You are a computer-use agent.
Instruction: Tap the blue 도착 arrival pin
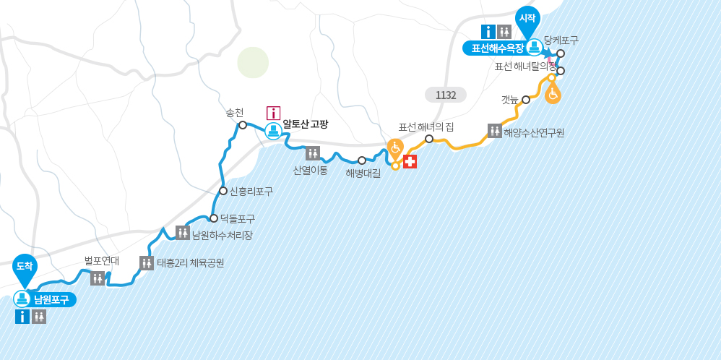25,267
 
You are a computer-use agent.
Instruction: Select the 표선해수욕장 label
496,48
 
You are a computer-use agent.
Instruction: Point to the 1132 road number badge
446,95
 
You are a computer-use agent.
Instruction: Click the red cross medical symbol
410,161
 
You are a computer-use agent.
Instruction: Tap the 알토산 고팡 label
305,124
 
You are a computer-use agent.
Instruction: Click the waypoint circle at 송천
243,125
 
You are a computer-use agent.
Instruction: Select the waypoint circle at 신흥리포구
223,191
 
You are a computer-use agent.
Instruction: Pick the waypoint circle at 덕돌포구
214,218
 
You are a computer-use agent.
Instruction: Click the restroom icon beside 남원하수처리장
183,233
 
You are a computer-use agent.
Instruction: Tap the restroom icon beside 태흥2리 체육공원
147,263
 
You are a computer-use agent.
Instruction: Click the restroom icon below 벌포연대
98,278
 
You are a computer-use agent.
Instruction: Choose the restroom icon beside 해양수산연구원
495,131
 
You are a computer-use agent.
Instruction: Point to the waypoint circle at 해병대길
362,160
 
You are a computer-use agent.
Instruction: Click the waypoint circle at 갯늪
526,100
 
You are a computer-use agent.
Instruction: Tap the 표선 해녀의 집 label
426,127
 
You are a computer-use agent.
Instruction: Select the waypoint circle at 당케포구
561,53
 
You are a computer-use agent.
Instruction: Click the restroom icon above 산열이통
313,153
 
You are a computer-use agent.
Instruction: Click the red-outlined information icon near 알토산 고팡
273,113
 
